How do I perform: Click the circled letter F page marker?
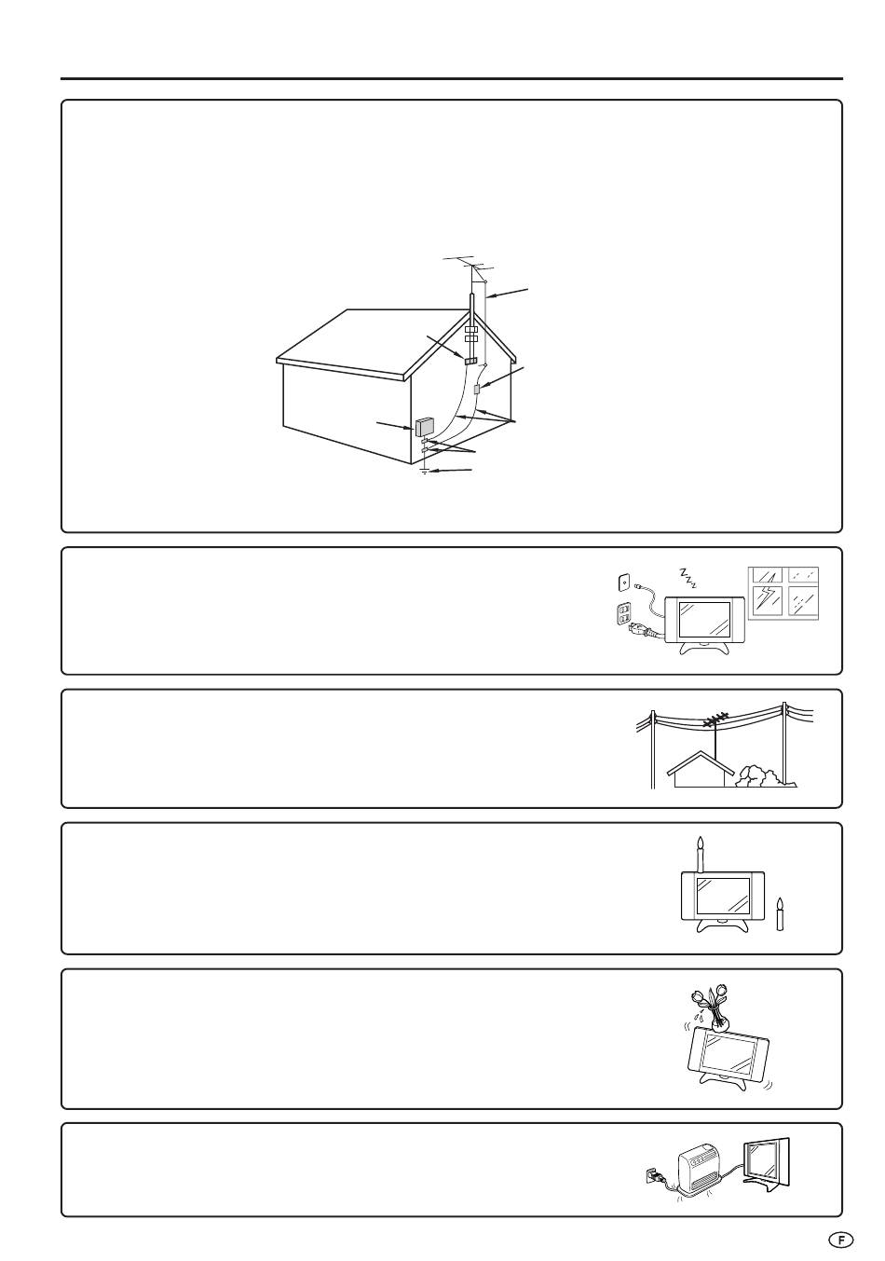point(840,1224)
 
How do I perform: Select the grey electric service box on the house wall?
point(423,427)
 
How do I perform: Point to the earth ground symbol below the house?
point(425,471)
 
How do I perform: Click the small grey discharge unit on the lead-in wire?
point(477,389)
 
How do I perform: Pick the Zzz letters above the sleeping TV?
point(687,578)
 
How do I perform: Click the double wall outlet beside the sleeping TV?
point(624,614)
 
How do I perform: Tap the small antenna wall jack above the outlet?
point(624,582)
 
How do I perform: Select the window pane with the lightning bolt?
point(767,604)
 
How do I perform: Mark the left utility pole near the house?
point(653,749)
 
